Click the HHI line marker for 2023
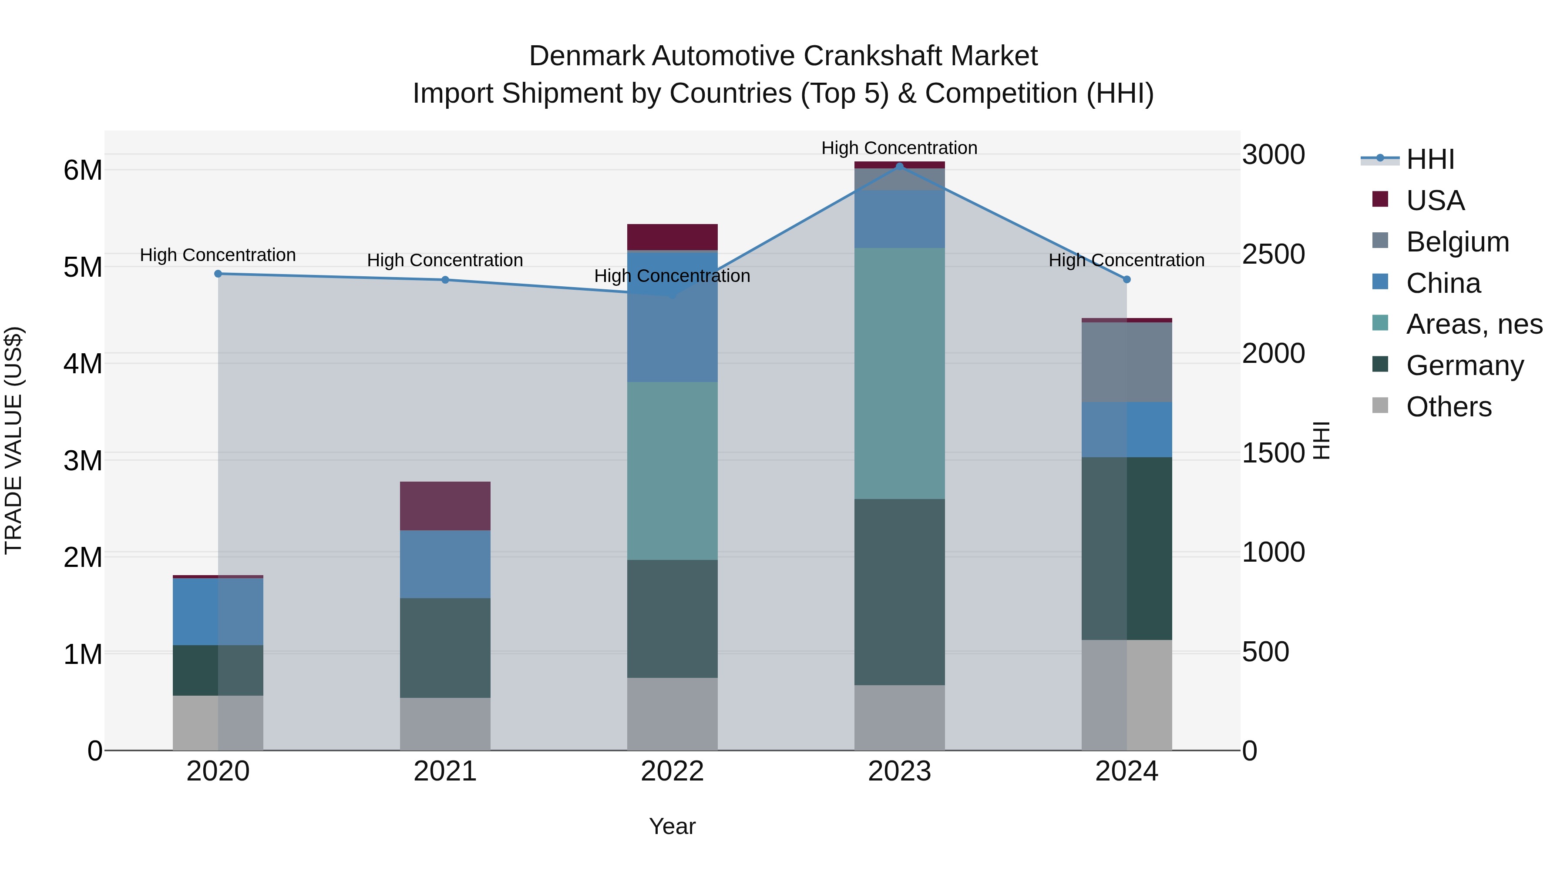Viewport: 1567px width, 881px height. coord(899,166)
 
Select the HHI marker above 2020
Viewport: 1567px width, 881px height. coord(218,274)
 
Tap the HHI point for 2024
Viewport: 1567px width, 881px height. coord(1126,280)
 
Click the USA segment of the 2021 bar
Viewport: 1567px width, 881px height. coord(445,506)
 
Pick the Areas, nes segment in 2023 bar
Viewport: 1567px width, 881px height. coord(899,373)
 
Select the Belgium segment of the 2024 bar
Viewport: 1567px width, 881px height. coord(1126,362)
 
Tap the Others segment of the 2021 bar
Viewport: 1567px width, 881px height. coord(445,724)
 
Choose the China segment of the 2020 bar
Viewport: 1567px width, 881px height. coord(218,611)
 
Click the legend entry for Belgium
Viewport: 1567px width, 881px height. coord(1457,242)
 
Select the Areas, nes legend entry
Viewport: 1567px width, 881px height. coord(1474,324)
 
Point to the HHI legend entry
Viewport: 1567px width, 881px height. coord(1429,159)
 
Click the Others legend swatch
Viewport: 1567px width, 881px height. coord(1380,405)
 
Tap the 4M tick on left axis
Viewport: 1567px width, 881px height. coord(83,364)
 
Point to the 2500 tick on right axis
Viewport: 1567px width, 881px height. coord(1273,254)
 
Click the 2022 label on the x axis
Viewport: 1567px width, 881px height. coord(672,771)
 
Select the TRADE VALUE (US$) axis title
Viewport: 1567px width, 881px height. coord(14,440)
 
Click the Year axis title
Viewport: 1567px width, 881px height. coord(672,826)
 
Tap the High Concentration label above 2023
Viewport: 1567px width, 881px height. coord(899,148)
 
